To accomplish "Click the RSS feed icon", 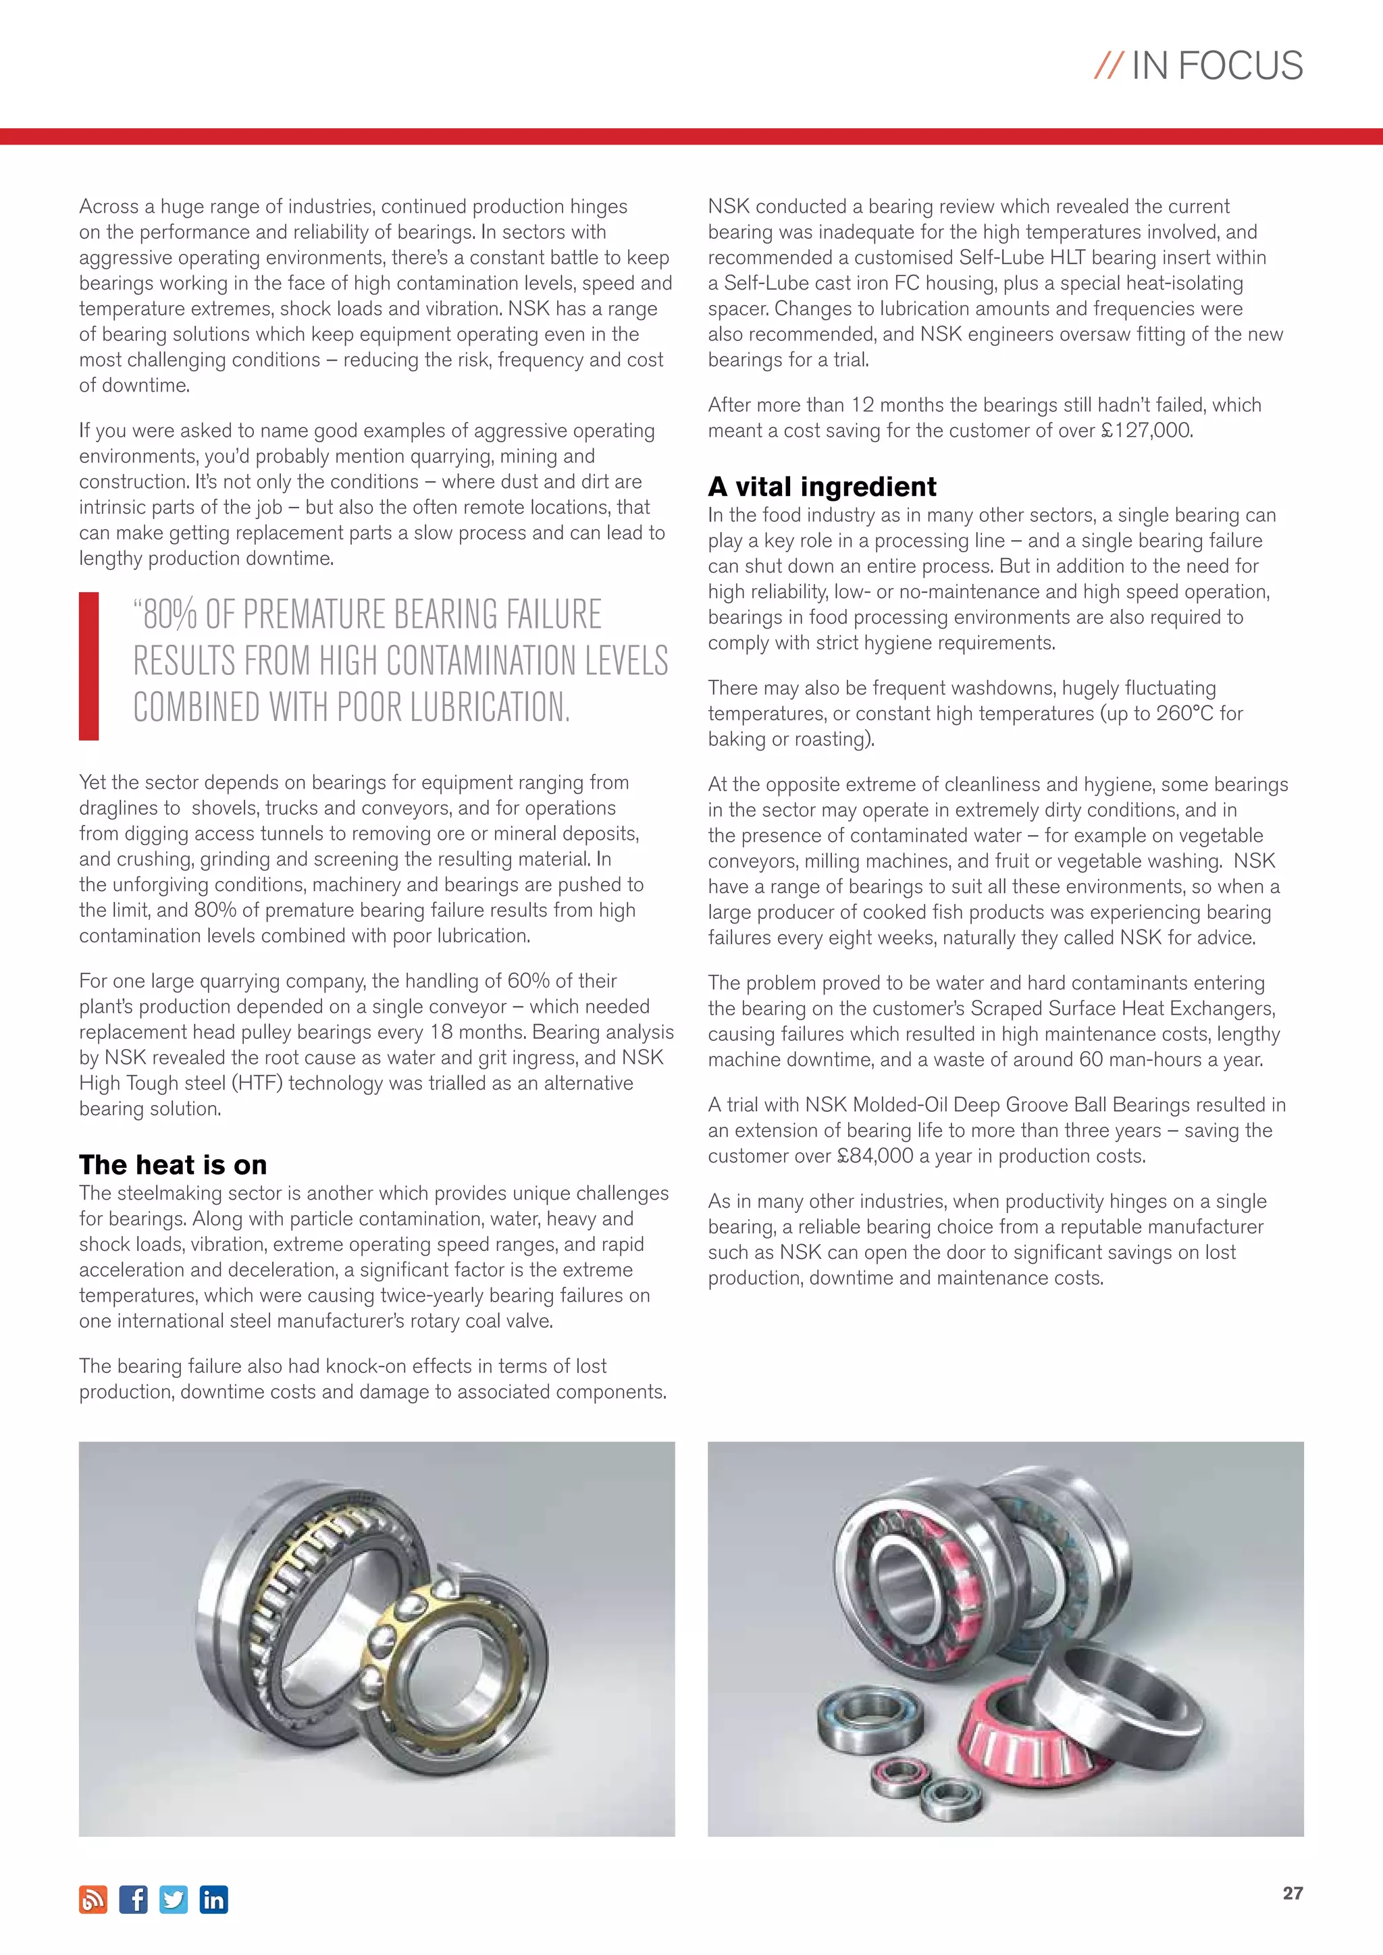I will point(94,1900).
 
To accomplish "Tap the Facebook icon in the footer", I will point(134,1900).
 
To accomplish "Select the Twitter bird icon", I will point(174,1900).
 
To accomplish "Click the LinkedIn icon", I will point(214,1900).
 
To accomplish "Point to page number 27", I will point(1292,1893).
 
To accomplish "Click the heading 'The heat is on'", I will point(173,1164).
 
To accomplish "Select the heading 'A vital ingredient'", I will point(822,486).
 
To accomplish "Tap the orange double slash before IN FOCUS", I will point(1108,66).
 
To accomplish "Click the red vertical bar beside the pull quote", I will point(88,666).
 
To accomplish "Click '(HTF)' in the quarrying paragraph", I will point(314,1083).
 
